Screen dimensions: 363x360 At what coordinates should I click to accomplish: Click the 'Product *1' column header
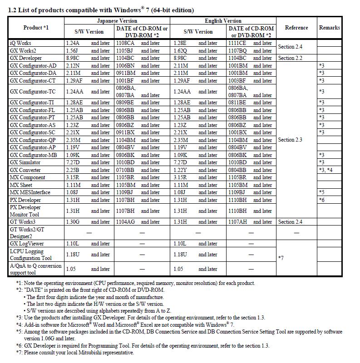(36, 28)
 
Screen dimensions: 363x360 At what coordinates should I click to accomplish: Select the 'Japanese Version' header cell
(117, 20)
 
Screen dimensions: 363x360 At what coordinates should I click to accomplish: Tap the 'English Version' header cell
(223, 20)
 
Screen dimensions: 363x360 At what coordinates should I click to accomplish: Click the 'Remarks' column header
(329, 28)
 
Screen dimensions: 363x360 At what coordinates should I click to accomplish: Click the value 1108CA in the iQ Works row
(125, 43)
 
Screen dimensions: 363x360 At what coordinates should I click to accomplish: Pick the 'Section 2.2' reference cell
(290, 58)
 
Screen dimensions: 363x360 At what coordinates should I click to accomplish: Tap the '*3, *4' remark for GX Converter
(326, 170)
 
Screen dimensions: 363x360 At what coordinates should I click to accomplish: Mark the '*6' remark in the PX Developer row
(321, 200)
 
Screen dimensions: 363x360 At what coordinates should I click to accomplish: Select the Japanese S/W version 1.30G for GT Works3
(73, 222)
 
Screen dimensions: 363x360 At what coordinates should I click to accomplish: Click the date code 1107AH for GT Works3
(237, 222)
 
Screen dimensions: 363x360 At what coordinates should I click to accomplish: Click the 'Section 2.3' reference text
(290, 140)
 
